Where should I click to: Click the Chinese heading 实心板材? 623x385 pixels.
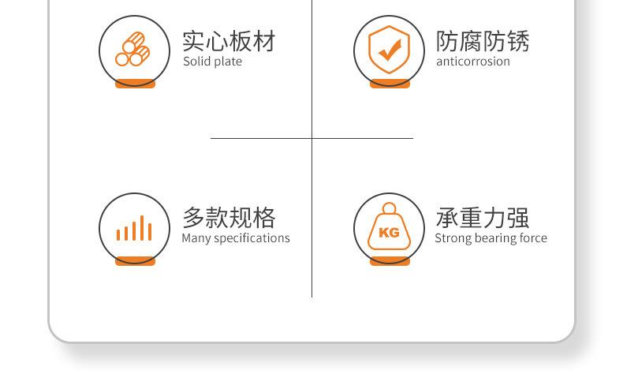(229, 41)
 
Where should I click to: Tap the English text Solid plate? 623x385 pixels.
(213, 62)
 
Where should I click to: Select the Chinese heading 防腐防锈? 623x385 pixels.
(483, 41)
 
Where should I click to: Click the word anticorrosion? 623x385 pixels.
(473, 62)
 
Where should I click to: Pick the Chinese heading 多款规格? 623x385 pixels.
(229, 218)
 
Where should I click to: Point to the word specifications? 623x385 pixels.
(252, 238)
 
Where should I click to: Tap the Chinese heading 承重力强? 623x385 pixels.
(483, 218)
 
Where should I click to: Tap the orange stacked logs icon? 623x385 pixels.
(132, 49)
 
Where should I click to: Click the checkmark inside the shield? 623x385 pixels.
(390, 50)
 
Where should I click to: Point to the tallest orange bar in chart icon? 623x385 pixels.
(142, 228)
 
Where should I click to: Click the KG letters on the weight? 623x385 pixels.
(389, 233)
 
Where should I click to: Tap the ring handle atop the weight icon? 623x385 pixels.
(389, 207)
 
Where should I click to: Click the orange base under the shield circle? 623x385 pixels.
(390, 84)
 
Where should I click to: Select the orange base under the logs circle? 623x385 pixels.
(135, 84)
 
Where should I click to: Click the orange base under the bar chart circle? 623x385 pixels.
(135, 261)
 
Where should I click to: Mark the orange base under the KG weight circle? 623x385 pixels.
(390, 261)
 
